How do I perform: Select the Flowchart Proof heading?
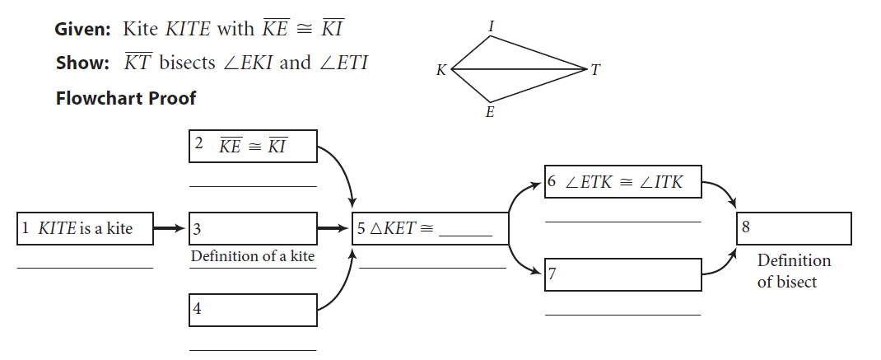tap(126, 98)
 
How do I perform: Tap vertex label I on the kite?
tap(492, 26)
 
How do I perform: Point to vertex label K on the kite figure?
tap(441, 71)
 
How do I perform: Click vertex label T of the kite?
tap(596, 71)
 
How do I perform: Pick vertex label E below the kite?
tap(490, 113)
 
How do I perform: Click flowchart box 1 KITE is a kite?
tap(86, 228)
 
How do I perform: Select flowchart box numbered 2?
tap(252, 147)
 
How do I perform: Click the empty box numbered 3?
tap(254, 228)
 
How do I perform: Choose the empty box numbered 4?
tap(254, 310)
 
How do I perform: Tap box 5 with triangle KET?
tap(429, 228)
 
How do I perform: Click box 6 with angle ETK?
tap(622, 182)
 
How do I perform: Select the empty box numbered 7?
tap(622, 274)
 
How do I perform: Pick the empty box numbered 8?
tap(793, 228)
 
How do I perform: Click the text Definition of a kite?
tap(253, 256)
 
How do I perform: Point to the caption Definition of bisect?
tap(794, 270)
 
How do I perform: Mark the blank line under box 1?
tap(85, 268)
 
